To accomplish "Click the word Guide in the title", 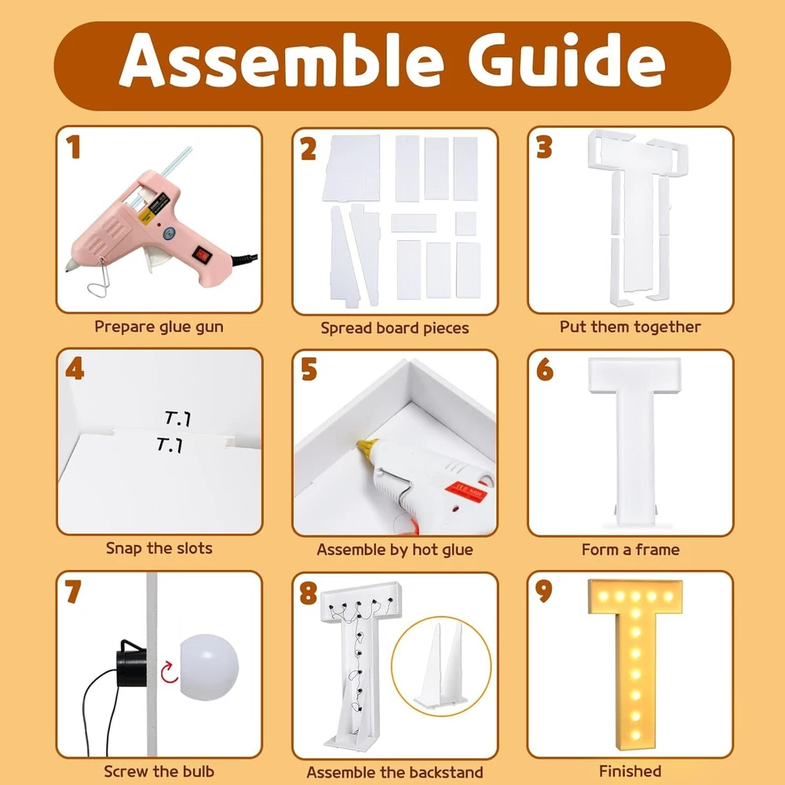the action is point(566,61).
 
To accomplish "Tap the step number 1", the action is point(74,148).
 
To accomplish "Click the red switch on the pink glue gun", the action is point(203,255).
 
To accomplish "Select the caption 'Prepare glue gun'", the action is point(159,327).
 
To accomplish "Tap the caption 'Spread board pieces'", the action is point(395,328).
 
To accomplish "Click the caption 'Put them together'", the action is point(630,327).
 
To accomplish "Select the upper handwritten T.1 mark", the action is point(177,418).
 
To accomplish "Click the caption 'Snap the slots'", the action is point(159,549).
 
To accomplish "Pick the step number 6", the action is point(545,370).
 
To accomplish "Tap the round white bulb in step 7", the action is point(210,667).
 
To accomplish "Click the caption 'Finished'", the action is point(630,771).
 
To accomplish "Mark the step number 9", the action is point(544,591).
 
